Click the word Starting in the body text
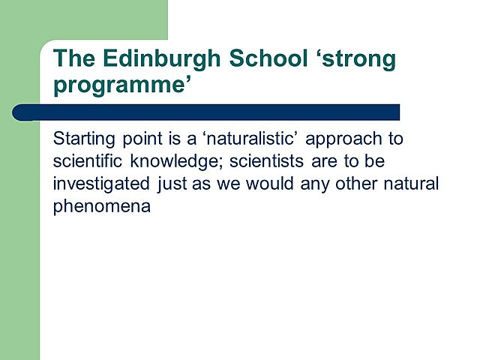pyautogui.click(x=82, y=140)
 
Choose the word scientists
pyautogui.click(x=284, y=162)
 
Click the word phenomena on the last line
pyautogui.click(x=102, y=206)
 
